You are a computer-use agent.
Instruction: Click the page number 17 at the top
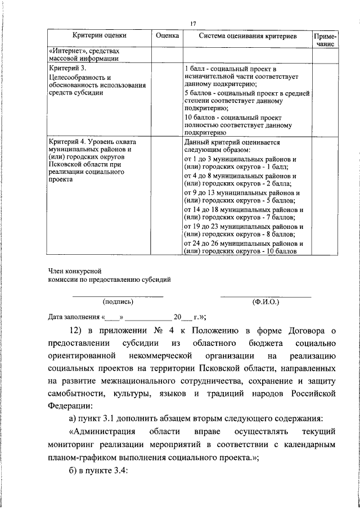[x=192, y=23]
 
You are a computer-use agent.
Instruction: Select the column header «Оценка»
[x=167, y=35]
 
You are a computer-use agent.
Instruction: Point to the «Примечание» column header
[x=326, y=39]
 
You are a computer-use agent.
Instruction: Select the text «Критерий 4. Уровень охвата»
[x=93, y=142]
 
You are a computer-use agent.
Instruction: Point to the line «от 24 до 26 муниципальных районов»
[x=244, y=243]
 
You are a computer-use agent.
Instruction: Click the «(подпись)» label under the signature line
[x=118, y=301]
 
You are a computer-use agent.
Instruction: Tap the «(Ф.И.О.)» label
[x=265, y=301]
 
